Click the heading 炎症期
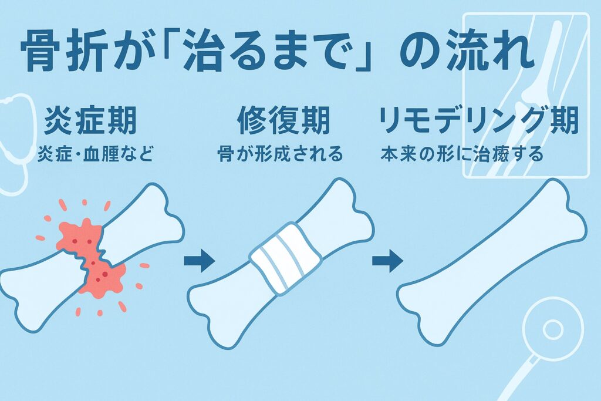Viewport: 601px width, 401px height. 90,121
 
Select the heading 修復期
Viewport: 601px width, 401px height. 283,121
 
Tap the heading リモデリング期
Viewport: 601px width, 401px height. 478,121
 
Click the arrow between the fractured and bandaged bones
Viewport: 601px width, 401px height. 200,261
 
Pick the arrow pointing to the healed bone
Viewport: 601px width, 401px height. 387,261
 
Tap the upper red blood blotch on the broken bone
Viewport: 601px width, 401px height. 79,236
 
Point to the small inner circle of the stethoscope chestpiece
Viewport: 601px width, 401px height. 552,329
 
